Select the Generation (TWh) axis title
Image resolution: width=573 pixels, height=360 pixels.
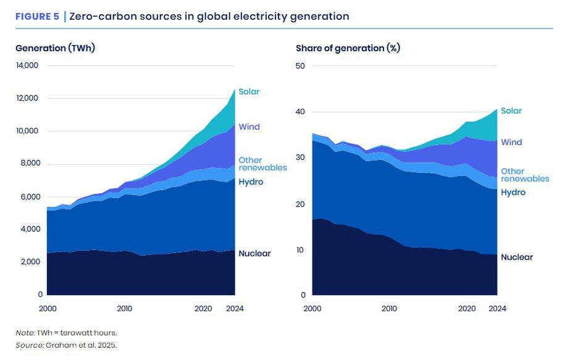[55, 48]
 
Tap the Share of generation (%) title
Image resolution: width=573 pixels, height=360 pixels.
[348, 48]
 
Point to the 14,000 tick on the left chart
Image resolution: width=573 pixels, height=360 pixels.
[27, 65]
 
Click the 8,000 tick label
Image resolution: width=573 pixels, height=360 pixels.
[28, 164]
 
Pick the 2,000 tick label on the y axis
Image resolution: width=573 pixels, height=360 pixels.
[28, 262]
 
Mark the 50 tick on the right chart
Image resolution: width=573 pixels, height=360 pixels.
[301, 65]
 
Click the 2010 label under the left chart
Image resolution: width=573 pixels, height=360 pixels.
[124, 308]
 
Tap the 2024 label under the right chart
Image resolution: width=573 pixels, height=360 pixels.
[497, 308]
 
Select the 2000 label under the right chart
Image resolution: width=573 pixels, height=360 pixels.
[313, 308]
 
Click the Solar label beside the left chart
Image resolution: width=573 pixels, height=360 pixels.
[249, 92]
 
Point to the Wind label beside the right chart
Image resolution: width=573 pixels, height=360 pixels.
[511, 142]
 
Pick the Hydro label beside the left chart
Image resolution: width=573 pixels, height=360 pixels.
[251, 182]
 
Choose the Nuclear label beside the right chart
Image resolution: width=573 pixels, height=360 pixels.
[516, 257]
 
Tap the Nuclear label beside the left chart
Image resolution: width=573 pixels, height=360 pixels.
[254, 253]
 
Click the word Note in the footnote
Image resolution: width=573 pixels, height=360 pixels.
[25, 333]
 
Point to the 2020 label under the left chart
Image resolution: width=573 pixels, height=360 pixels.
[203, 308]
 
